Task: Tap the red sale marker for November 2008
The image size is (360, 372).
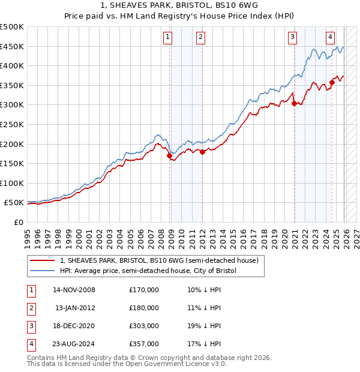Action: click(x=169, y=155)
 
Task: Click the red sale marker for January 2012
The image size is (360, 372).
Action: click(x=202, y=152)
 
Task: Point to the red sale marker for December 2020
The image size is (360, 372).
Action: click(x=294, y=103)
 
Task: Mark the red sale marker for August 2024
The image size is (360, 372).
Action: click(x=332, y=83)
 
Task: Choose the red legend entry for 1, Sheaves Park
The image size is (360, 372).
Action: click(x=159, y=260)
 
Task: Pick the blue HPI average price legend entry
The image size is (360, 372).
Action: click(x=148, y=271)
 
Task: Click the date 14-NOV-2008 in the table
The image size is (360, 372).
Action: click(x=74, y=290)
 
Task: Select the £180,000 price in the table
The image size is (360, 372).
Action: click(x=144, y=308)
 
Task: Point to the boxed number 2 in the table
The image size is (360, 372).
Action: click(x=31, y=308)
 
